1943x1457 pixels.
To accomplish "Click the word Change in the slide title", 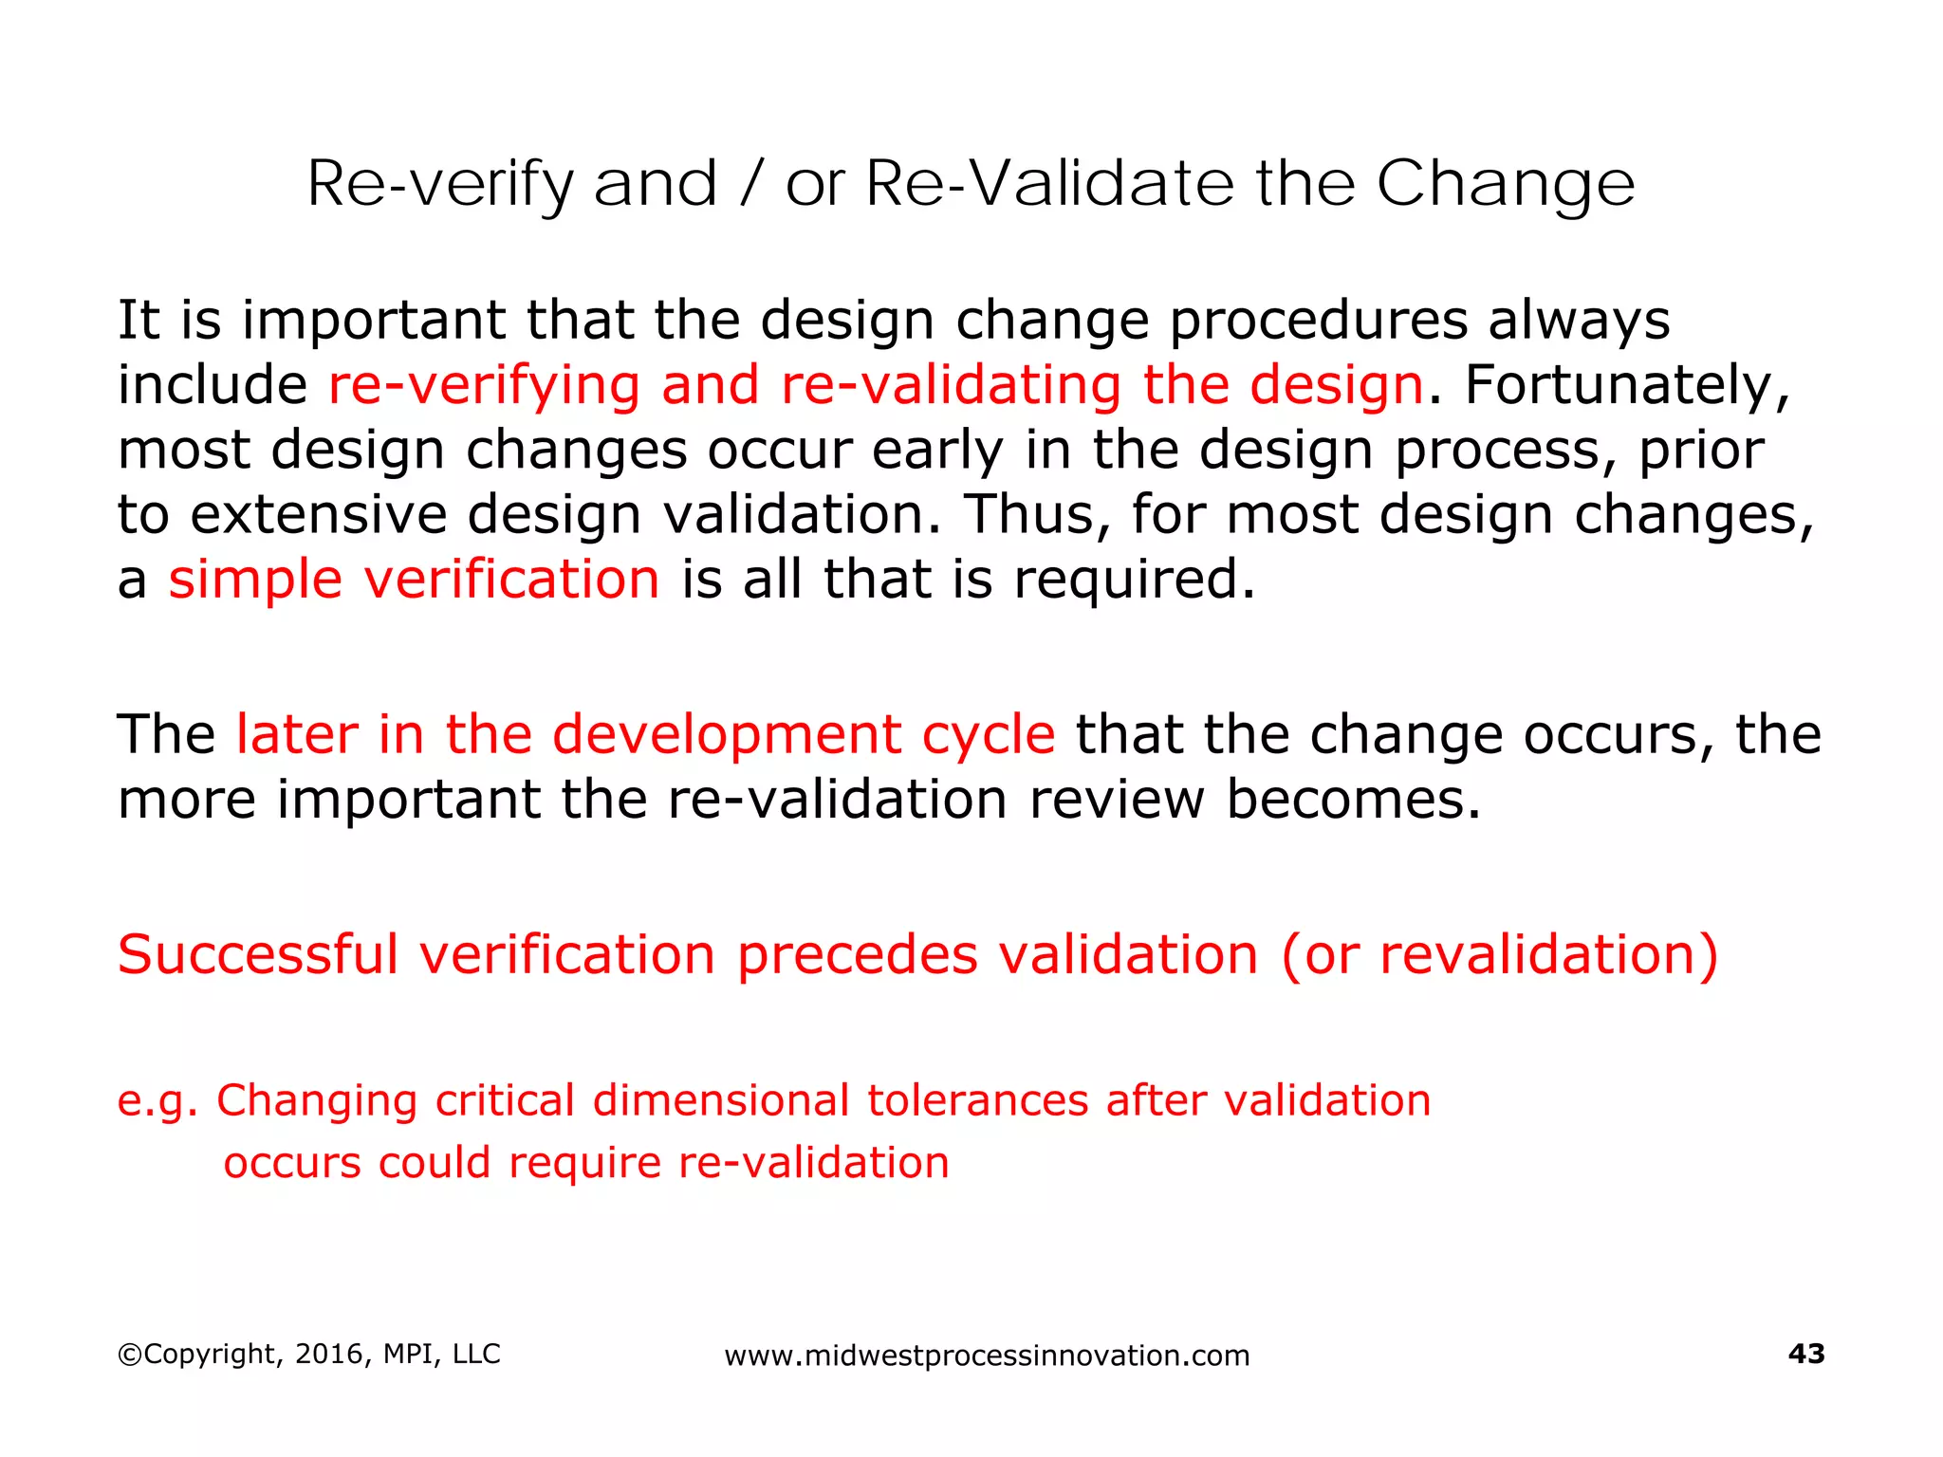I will [x=1506, y=184].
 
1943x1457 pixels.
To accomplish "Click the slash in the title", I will [x=750, y=184].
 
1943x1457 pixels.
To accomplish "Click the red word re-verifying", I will [x=484, y=386].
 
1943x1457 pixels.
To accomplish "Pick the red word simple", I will [x=255, y=580].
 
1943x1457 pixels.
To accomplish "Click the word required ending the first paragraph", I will [x=1133, y=580].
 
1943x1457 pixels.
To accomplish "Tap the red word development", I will [x=726, y=735].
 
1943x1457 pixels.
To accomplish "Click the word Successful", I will [x=257, y=955].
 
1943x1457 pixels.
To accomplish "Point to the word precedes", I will [x=857, y=955].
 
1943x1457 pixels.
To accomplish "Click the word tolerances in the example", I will [x=977, y=1101].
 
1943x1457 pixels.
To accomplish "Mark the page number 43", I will [x=1805, y=1355].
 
